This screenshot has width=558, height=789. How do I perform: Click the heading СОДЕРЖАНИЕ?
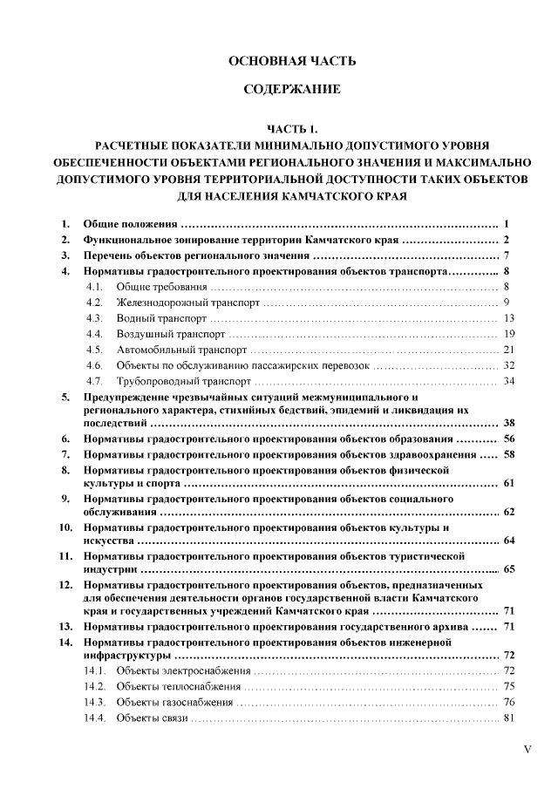pos(292,91)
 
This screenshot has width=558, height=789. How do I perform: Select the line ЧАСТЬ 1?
pos(292,129)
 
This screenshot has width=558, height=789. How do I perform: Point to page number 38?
pos(510,423)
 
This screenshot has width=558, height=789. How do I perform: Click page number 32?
pos(510,365)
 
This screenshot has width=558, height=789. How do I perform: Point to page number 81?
pos(510,718)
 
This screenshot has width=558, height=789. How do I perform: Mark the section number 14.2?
pos(95,686)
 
